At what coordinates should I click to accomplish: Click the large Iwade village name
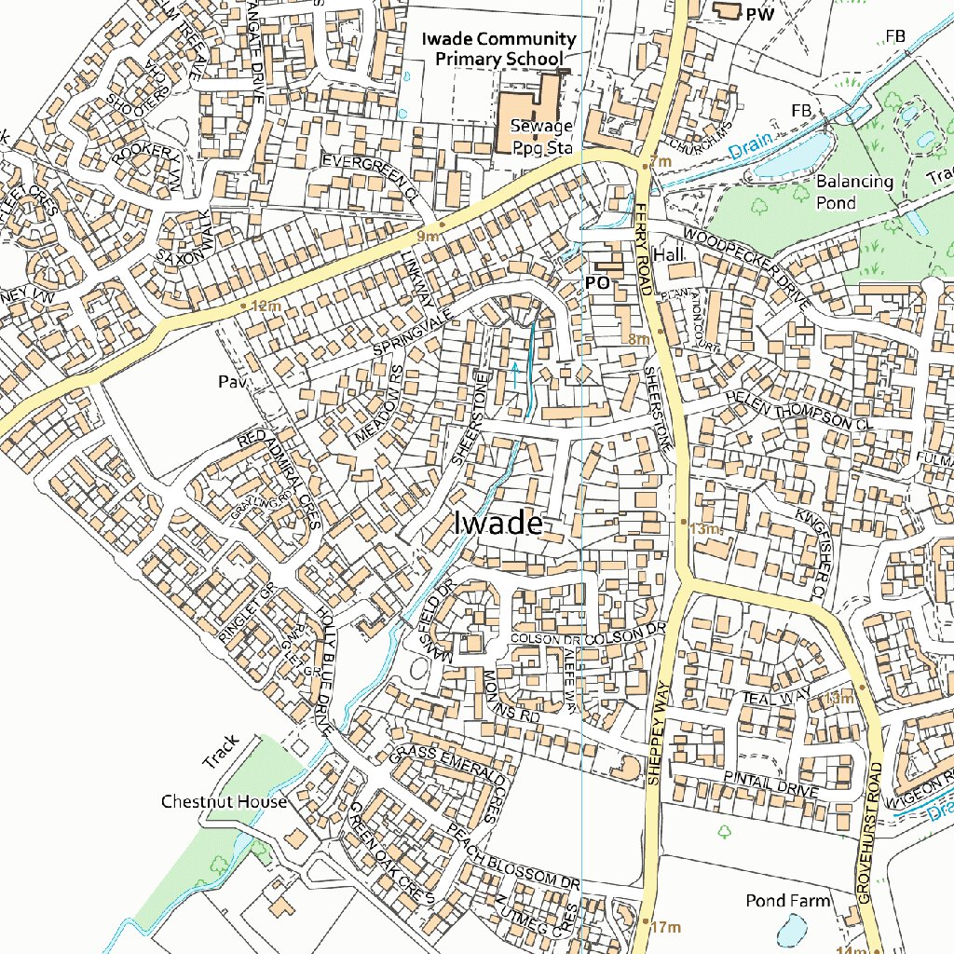[497, 524]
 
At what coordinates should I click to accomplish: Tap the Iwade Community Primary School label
[498, 49]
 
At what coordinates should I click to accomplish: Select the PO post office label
[596, 280]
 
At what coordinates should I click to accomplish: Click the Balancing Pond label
[854, 190]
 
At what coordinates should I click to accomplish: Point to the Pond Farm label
[787, 901]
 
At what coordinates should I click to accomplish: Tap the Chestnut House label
[224, 801]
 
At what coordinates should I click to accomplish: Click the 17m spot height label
[666, 927]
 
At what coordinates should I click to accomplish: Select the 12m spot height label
[266, 306]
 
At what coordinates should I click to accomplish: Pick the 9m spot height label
[428, 236]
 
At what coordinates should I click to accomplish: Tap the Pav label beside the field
[228, 381]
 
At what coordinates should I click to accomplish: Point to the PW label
[760, 14]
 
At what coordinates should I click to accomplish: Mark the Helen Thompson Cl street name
[801, 409]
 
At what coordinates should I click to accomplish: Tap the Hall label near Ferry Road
[668, 254]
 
